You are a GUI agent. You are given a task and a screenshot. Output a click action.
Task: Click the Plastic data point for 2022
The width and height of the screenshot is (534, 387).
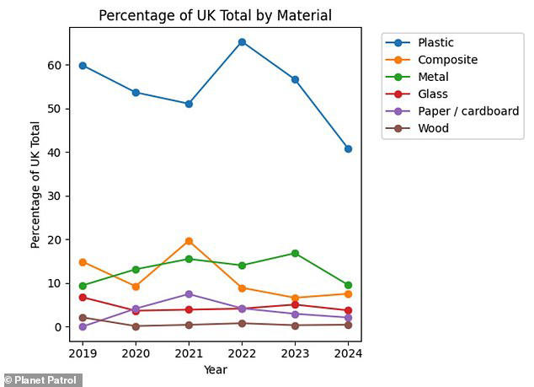(242, 41)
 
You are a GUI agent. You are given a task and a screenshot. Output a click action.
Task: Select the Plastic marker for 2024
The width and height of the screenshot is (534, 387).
(348, 148)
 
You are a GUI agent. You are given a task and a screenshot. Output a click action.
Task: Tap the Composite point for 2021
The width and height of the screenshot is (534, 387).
(189, 241)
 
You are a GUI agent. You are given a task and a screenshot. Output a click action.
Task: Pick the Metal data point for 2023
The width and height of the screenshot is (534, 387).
(295, 253)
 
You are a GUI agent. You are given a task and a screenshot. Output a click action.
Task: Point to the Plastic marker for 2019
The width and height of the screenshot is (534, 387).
(83, 65)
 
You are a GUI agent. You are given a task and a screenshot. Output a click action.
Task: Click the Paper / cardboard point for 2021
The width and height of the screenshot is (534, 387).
(189, 293)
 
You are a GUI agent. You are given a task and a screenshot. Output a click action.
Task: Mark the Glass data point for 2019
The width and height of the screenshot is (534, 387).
(83, 297)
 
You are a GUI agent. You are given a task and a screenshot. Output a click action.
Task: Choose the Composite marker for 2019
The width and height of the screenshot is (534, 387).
(83, 262)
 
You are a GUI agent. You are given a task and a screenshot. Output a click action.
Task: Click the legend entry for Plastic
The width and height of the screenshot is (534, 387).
(435, 42)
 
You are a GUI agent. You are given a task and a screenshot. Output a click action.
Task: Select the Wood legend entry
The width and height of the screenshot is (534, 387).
(433, 128)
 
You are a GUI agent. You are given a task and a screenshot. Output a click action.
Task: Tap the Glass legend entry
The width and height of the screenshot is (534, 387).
(433, 94)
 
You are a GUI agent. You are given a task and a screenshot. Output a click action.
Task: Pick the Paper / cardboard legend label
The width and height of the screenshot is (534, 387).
(467, 111)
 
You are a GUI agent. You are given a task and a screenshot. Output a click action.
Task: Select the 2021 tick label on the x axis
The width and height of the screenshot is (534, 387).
(189, 354)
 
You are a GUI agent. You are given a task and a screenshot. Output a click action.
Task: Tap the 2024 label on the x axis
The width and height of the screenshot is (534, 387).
(348, 354)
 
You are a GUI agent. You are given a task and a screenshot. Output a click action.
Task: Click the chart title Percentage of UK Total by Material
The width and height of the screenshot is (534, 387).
(215, 15)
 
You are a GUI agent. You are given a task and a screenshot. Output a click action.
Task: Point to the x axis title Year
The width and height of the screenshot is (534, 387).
(215, 369)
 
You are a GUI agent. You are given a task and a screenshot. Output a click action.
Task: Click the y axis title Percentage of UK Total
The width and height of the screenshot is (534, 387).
(35, 185)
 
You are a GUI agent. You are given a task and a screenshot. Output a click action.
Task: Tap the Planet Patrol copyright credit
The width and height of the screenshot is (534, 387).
(42, 379)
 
